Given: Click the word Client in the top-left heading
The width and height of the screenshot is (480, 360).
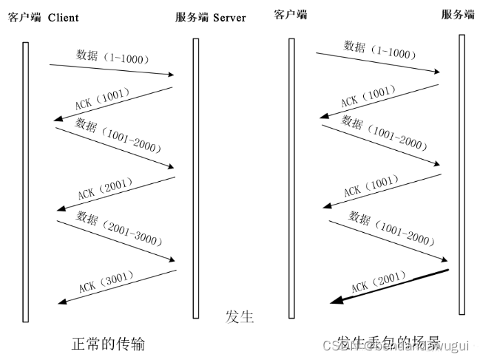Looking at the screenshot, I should [64, 17].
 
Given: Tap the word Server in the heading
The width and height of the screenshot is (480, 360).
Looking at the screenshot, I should [229, 17].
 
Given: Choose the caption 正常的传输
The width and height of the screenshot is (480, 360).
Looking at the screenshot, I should [108, 344].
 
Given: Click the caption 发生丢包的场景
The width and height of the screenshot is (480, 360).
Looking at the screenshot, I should [384, 344].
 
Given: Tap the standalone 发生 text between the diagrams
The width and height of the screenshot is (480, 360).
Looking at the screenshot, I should [240, 317].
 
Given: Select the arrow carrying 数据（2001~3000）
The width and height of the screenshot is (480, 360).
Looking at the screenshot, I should [116, 240].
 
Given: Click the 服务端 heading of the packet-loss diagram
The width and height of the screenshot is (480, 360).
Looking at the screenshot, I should [458, 14].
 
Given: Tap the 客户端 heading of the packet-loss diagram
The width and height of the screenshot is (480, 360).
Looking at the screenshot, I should [290, 14].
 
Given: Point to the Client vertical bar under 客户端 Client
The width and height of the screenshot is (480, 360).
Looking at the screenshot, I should [25, 181].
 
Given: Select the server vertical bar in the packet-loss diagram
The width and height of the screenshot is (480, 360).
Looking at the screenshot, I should [462, 174].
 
